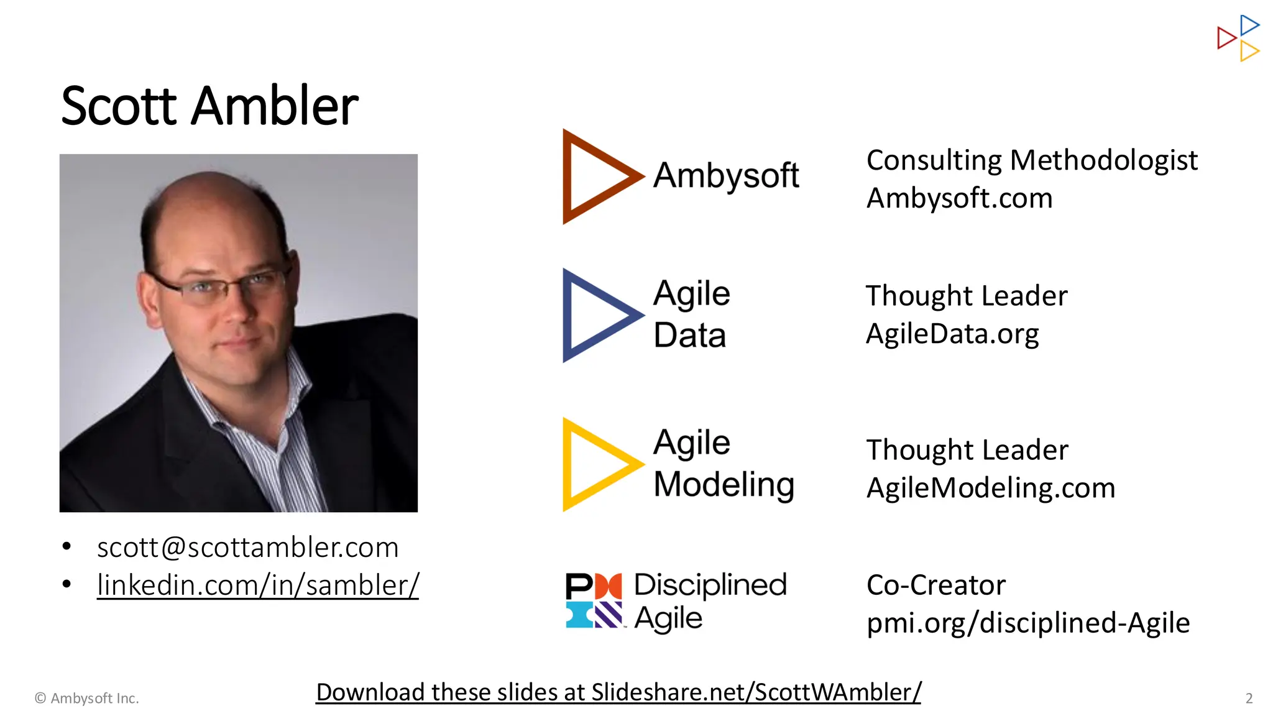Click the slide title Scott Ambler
(209, 106)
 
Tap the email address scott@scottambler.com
(247, 548)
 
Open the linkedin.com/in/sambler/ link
(258, 585)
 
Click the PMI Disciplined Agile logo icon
(594, 600)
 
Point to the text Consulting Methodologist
(1031, 160)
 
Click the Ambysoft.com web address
(959, 198)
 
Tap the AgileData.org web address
(952, 334)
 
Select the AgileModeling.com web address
(990, 488)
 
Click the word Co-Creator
(935, 585)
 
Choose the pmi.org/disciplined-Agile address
(1027, 623)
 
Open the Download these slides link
(618, 692)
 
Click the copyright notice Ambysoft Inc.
(87, 699)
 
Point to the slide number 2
(1249, 699)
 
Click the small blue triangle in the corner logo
(1248, 25)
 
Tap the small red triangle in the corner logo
(1226, 38)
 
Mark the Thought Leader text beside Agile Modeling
(967, 450)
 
